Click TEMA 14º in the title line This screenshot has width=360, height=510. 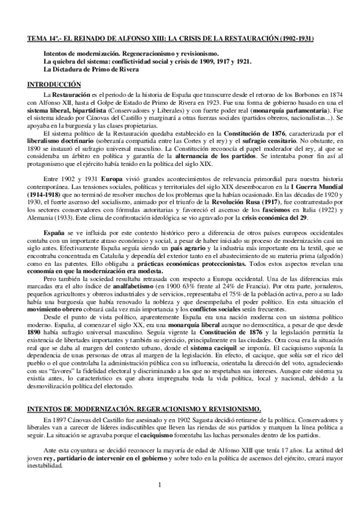[46, 39]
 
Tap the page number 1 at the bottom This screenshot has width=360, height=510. [160, 485]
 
